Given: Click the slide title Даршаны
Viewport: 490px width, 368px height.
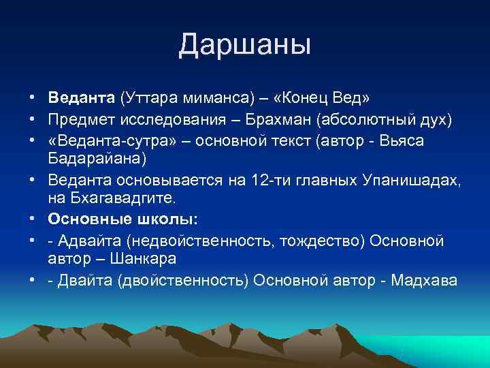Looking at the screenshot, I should (x=245, y=45).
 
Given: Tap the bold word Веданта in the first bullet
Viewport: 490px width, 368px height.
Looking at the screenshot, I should (x=82, y=99).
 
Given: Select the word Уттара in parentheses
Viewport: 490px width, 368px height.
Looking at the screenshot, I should (x=150, y=99).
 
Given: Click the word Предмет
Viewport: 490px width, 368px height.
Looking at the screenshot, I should (x=80, y=120).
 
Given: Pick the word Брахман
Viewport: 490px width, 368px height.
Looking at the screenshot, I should (x=287, y=120).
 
